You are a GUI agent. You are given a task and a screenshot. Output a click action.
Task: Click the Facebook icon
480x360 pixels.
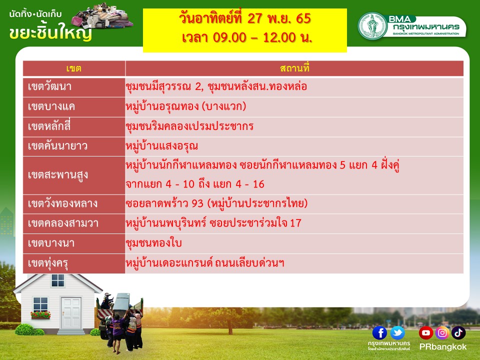coord(379,333)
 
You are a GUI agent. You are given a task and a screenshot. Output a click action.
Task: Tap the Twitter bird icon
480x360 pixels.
coord(397,333)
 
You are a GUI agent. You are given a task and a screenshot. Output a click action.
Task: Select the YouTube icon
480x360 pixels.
coord(426,333)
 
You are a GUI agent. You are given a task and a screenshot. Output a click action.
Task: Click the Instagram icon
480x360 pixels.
coord(442,333)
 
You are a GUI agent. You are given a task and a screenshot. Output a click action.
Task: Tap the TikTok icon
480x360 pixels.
coord(458,333)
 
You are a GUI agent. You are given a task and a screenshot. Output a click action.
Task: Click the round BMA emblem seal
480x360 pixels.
coord(373,25)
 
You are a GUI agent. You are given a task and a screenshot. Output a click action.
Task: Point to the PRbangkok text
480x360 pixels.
coord(442,347)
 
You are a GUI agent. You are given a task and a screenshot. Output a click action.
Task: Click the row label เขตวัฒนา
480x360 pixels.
coord(49,86)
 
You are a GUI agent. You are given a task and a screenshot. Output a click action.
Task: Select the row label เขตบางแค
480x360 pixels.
coord(51,106)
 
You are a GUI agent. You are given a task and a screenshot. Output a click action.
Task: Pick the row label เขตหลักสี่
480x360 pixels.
coord(49,126)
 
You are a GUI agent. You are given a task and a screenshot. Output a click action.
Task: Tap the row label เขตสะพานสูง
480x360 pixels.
coord(57,175)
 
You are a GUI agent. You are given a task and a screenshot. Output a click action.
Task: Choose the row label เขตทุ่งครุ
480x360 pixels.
coord(48,263)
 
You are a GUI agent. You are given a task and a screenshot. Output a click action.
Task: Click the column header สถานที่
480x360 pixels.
coord(294,67)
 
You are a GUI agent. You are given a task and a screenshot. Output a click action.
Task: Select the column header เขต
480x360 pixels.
coord(74,68)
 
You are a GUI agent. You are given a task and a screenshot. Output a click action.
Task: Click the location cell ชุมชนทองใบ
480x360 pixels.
coord(153,243)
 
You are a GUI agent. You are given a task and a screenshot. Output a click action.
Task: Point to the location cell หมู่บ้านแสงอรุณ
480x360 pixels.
coord(161,146)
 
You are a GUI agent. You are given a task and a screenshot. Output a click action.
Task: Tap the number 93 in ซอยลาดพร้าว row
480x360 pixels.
coord(198,203)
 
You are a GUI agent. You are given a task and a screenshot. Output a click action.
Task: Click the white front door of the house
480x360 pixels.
coord(71,313)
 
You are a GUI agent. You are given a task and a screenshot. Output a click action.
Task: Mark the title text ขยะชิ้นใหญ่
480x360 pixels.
coord(50,33)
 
